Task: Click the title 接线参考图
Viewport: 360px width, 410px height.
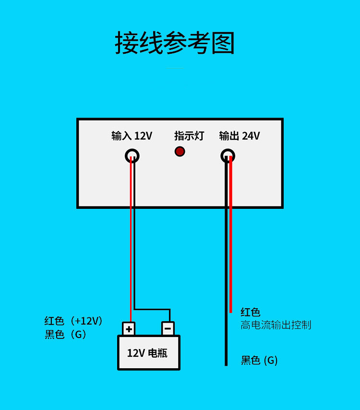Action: [x=175, y=43]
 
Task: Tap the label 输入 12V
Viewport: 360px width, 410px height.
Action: [x=132, y=136]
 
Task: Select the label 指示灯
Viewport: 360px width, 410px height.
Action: [x=189, y=136]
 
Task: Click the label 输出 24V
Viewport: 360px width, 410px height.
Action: [x=239, y=136]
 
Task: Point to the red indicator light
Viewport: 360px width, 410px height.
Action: [x=180, y=152]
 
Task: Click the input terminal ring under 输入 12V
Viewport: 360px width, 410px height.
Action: [x=132, y=156]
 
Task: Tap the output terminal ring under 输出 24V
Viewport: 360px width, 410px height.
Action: [x=228, y=156]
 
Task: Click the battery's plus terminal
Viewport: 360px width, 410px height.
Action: [x=129, y=329]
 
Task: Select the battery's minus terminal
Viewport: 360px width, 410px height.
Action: [x=168, y=329]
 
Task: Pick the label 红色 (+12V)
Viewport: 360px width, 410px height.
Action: [x=73, y=321]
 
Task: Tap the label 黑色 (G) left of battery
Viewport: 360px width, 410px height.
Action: [x=66, y=335]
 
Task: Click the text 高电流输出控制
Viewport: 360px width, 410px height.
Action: [x=276, y=325]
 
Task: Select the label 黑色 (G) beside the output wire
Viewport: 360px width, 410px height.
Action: [x=259, y=360]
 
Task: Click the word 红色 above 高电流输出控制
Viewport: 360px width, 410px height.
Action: [x=251, y=313]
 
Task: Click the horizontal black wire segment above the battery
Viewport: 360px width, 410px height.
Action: [x=152, y=309]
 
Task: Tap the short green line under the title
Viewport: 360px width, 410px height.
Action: [x=175, y=68]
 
